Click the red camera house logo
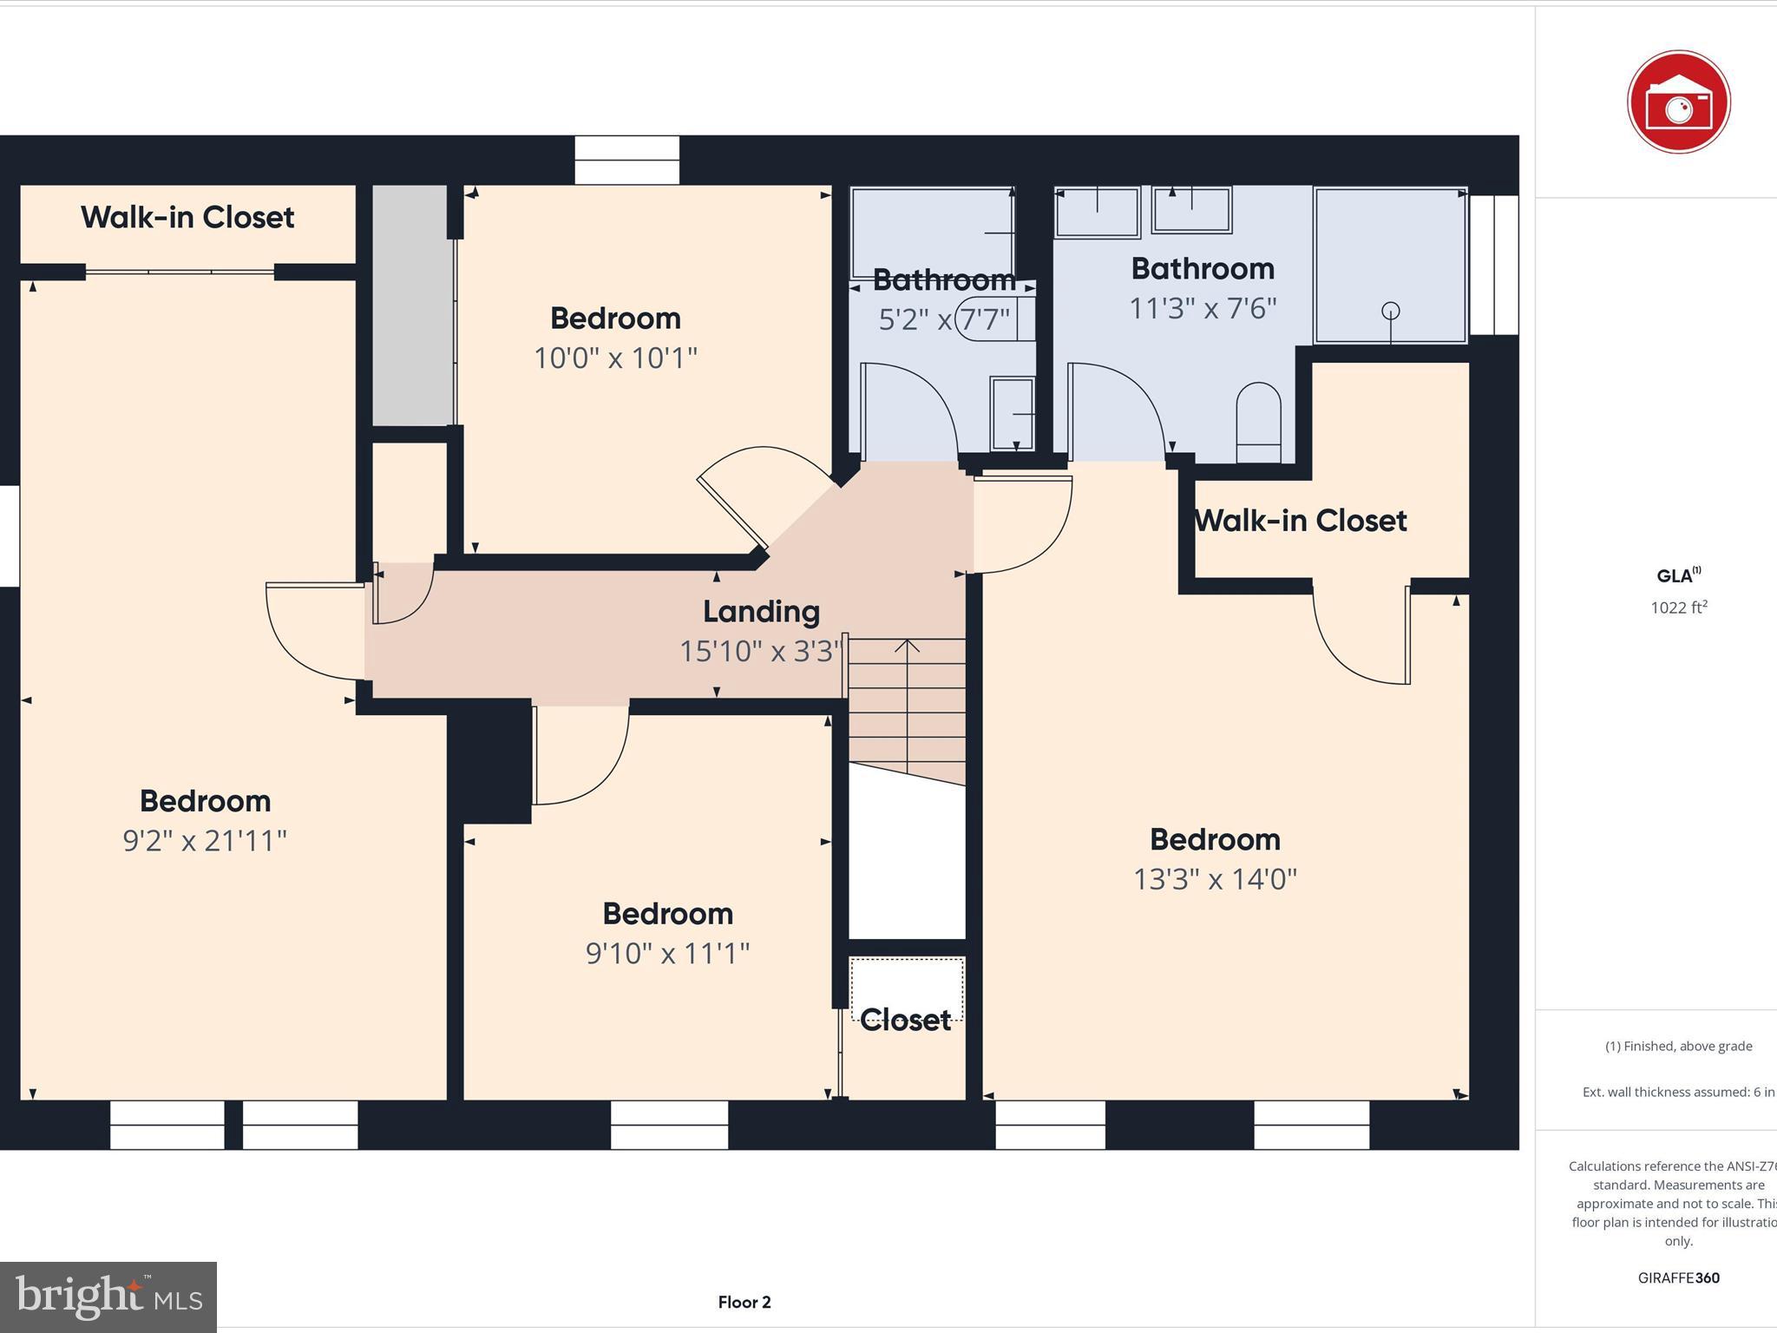(1678, 102)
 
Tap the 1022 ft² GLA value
(1678, 607)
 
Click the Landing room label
(761, 612)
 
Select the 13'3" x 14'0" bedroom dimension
(1215, 879)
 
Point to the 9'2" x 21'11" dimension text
(205, 841)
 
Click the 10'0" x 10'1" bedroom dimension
(615, 358)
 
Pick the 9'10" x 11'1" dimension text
(667, 954)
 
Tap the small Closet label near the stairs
(906, 1020)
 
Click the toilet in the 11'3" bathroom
(1258, 423)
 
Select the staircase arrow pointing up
(907, 647)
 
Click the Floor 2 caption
(744, 1302)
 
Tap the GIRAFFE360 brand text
(1678, 1277)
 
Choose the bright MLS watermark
(108, 1297)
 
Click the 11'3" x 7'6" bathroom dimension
(1202, 308)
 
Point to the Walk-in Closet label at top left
(187, 217)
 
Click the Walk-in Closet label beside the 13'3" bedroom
(1300, 521)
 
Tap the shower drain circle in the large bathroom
(1390, 311)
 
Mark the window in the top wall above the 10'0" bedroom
(626, 161)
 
